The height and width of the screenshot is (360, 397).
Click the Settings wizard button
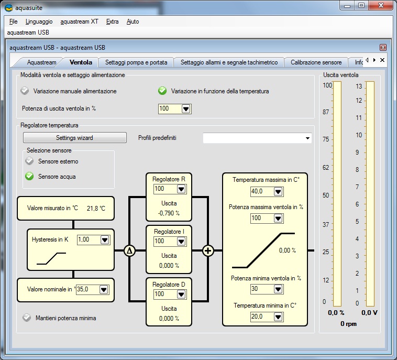[x=74, y=138]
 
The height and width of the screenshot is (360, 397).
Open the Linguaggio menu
[x=39, y=21]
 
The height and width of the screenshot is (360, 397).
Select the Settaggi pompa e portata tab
[x=136, y=62]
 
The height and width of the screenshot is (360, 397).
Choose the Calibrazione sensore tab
[x=316, y=62]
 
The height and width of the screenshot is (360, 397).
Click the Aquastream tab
[x=41, y=62]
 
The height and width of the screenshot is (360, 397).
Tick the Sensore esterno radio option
[x=29, y=161]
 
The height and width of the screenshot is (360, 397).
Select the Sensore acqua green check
[x=29, y=177]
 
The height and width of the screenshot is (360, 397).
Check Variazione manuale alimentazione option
[x=25, y=91]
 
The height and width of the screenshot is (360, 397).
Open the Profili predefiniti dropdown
[x=257, y=138]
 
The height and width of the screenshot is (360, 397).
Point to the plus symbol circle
[x=208, y=251]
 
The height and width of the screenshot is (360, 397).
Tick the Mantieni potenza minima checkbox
[x=26, y=318]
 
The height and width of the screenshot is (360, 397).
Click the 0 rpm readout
[x=348, y=324]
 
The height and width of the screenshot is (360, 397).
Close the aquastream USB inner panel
[x=383, y=48]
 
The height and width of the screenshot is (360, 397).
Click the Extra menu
[x=112, y=21]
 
